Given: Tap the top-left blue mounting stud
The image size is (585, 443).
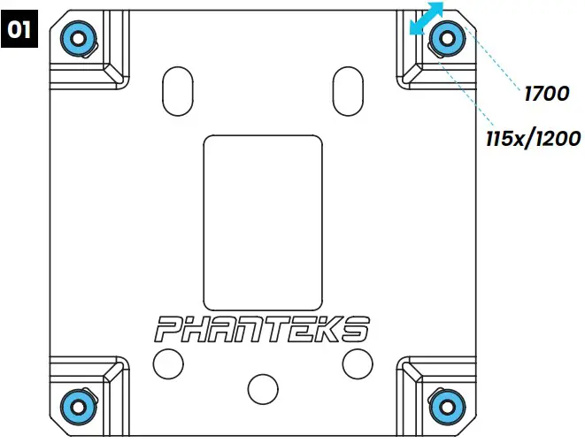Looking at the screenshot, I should [77, 37].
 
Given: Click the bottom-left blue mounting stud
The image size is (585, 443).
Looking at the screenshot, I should [77, 405].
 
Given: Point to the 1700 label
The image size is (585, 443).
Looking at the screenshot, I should [546, 92].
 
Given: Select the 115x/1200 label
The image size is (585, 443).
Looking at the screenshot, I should [532, 138].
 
